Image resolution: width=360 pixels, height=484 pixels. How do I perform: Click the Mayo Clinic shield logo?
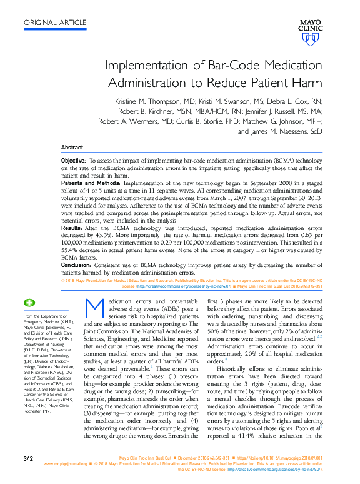[x=309, y=39]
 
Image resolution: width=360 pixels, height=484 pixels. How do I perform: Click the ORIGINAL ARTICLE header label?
[x=55, y=23]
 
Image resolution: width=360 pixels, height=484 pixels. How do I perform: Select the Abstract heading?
[x=71, y=147]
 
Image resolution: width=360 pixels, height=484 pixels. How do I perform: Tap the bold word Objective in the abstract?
[x=74, y=161]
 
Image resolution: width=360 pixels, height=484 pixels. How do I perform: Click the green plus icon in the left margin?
[x=29, y=303]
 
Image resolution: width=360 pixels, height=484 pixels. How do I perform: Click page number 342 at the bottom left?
[x=27, y=459]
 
